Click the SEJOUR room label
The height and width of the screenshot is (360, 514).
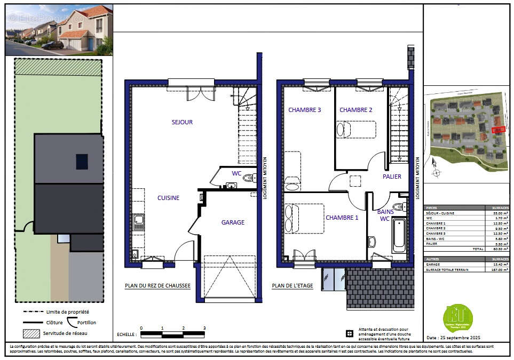tap(182, 122)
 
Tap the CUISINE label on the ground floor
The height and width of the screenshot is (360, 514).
tap(168, 198)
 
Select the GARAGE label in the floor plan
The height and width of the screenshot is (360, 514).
tap(233, 222)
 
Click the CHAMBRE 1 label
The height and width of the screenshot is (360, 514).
tap(342, 218)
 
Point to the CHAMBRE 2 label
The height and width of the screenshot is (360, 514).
tap(355, 110)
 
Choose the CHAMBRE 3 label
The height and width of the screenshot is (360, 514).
tap(304, 110)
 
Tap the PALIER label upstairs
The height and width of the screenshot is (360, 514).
tap(391, 177)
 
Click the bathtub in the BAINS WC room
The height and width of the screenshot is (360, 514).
tap(399, 236)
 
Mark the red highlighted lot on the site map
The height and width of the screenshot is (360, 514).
tap(497, 130)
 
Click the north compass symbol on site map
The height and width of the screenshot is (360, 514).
tap(436, 172)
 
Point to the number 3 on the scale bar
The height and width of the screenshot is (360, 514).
tap(204, 329)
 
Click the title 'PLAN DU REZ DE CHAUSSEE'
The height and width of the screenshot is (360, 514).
tap(157, 286)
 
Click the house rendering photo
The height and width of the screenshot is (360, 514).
tap(59, 30)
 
